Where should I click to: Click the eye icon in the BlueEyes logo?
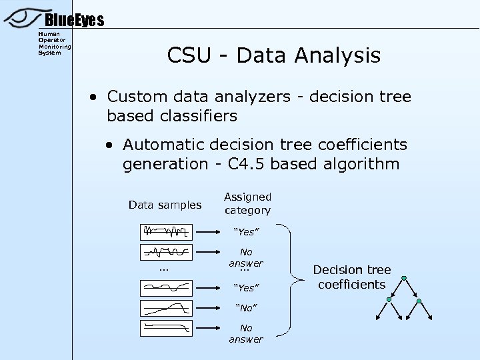[x=24, y=17]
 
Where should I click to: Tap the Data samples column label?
[x=165, y=205]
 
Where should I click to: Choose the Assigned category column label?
[x=247, y=203]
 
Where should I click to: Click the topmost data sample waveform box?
[x=166, y=232]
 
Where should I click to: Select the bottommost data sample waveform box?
[x=166, y=327]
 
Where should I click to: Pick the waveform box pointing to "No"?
[x=166, y=308]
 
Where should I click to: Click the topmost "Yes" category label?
[x=245, y=232]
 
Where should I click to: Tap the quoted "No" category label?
[x=245, y=308]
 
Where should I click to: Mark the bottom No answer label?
[x=246, y=333]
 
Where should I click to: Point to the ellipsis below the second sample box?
[x=164, y=269]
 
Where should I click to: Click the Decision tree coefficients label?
[x=352, y=277]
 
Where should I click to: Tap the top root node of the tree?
[x=403, y=277]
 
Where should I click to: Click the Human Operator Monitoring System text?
[x=54, y=43]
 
